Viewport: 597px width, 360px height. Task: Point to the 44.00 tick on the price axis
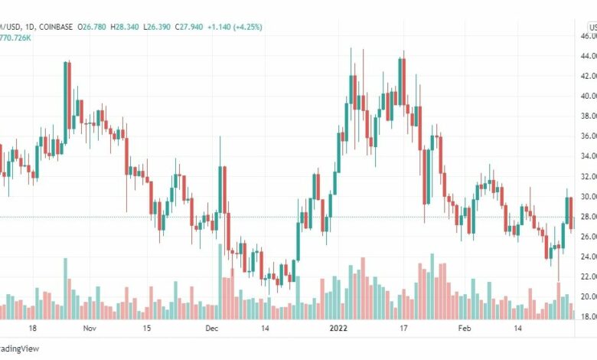tap(587, 56)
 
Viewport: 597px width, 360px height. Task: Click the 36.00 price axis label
tap(587, 136)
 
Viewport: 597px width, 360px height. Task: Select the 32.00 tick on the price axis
tap(587, 176)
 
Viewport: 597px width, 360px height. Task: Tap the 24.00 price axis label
tap(587, 256)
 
